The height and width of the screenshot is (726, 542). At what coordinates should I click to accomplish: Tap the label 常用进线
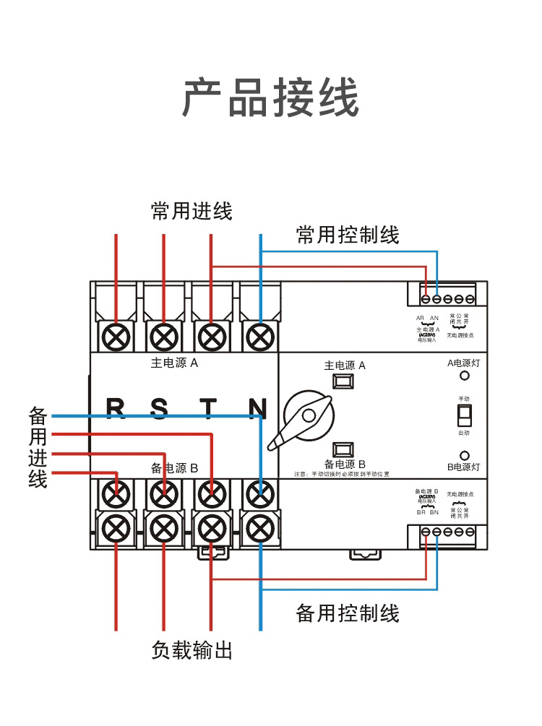[x=192, y=212]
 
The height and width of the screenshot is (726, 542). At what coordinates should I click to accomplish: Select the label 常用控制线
[x=348, y=235]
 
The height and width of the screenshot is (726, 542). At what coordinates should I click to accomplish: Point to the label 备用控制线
[x=348, y=614]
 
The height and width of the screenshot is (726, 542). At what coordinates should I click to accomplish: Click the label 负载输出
[x=192, y=650]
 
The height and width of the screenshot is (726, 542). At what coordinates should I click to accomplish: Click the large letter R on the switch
[x=116, y=408]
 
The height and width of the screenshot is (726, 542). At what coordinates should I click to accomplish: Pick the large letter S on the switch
[x=160, y=408]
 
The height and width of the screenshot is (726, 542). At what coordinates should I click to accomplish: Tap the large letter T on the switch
[x=209, y=408]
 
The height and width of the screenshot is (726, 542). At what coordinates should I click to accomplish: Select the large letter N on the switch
[x=257, y=408]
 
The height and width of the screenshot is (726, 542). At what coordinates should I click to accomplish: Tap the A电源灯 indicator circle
[x=465, y=376]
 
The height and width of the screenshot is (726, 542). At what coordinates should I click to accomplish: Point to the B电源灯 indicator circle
[x=465, y=456]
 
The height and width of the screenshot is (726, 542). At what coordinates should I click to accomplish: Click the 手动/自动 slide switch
[x=464, y=415]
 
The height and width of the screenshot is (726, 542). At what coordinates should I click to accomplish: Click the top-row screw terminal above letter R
[x=116, y=336]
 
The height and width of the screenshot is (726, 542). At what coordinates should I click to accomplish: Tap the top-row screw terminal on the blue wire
[x=259, y=336]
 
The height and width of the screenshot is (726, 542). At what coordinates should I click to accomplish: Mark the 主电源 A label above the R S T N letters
[x=174, y=363]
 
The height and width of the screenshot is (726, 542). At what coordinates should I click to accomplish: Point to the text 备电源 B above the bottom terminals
[x=174, y=467]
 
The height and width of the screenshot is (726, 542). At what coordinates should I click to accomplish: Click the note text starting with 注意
[x=342, y=475]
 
